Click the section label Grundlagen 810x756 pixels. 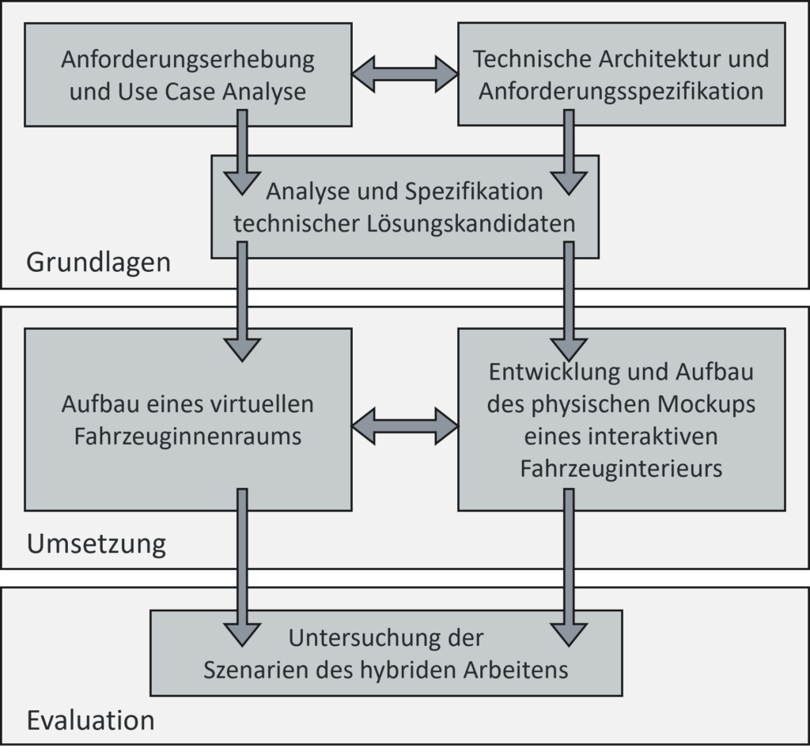(98, 263)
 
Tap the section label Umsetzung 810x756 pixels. (97, 544)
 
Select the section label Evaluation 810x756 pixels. (90, 720)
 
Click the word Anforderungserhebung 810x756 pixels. (187, 60)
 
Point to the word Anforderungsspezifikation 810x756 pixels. (621, 92)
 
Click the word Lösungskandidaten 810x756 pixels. (471, 224)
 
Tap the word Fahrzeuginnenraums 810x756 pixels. (187, 437)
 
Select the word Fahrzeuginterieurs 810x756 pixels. (621, 468)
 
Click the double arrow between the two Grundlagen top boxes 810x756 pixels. (405, 74)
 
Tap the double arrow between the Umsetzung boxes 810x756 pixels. (405, 426)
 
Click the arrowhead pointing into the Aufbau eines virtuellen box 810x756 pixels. (242, 350)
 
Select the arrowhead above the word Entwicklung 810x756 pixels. (569, 350)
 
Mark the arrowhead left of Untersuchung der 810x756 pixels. (242, 635)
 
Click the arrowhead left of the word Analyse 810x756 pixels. (242, 183)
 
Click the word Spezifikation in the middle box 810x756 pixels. (474, 192)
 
